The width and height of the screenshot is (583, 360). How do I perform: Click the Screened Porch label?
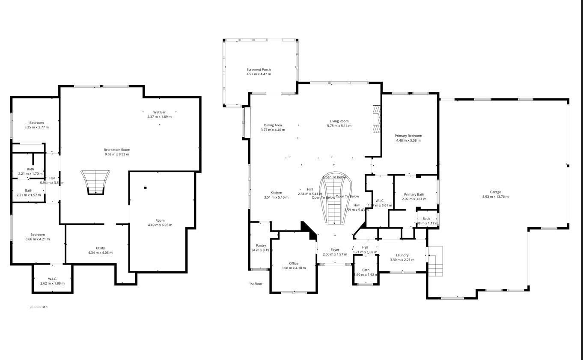point(259,69)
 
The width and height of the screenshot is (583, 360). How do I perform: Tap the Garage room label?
point(495,192)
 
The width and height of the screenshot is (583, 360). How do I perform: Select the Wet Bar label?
point(159,112)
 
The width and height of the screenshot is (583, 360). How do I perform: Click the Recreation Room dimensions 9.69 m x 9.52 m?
point(117,155)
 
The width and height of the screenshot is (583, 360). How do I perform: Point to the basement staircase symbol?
point(95,182)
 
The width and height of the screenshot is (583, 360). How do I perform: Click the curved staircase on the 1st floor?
point(335,201)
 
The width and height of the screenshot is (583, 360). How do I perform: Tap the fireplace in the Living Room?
point(376,120)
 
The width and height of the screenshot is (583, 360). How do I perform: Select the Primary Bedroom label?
point(408,136)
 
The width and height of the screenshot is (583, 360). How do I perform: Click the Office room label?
point(294,263)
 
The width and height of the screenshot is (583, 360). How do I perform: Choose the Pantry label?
point(261,245)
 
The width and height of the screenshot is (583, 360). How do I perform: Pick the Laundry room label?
point(402,255)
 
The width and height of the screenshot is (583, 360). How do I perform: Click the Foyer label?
point(335,250)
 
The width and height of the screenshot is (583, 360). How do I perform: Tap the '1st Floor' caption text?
point(256,284)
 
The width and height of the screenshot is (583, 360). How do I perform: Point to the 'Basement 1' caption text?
point(39,307)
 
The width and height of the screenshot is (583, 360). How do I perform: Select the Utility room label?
point(100,248)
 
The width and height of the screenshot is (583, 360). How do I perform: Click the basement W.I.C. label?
point(52,279)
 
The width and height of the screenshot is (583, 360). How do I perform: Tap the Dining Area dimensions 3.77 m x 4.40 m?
point(274,130)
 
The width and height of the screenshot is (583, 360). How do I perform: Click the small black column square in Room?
point(146,187)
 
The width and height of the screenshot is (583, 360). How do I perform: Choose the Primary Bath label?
point(414,194)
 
